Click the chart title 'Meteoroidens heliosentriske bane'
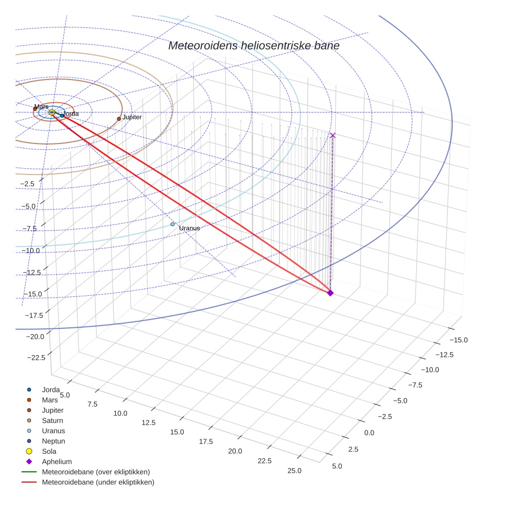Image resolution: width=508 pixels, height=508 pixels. pyautogui.click(x=253, y=46)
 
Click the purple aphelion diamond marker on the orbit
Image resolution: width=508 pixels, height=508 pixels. pyautogui.click(x=330, y=293)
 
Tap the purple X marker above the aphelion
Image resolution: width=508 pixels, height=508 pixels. pyautogui.click(x=332, y=135)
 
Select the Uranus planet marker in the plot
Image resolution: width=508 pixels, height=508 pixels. pyautogui.click(x=173, y=224)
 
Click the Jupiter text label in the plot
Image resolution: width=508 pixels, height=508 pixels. pyautogui.click(x=132, y=117)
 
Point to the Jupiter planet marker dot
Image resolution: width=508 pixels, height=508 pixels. pyautogui.click(x=119, y=119)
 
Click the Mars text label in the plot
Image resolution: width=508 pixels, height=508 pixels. pyautogui.click(x=41, y=107)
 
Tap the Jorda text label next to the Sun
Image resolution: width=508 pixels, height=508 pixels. pyautogui.click(x=71, y=114)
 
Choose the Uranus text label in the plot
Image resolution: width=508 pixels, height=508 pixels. pyautogui.click(x=189, y=228)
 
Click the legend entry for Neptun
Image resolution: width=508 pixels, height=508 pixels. pyautogui.click(x=53, y=441)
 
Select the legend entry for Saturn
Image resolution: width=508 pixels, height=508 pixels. pyautogui.click(x=52, y=421)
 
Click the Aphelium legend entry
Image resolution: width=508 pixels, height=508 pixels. pyautogui.click(x=56, y=462)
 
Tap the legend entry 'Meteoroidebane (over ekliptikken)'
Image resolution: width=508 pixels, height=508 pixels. pyautogui.click(x=96, y=472)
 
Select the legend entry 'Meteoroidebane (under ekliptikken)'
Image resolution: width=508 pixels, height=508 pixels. pyautogui.click(x=98, y=483)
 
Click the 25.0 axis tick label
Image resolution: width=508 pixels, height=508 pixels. pyautogui.click(x=294, y=470)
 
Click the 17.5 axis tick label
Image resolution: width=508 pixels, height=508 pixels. pyautogui.click(x=205, y=441)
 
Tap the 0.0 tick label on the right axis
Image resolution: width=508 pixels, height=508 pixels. pyautogui.click(x=369, y=433)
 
